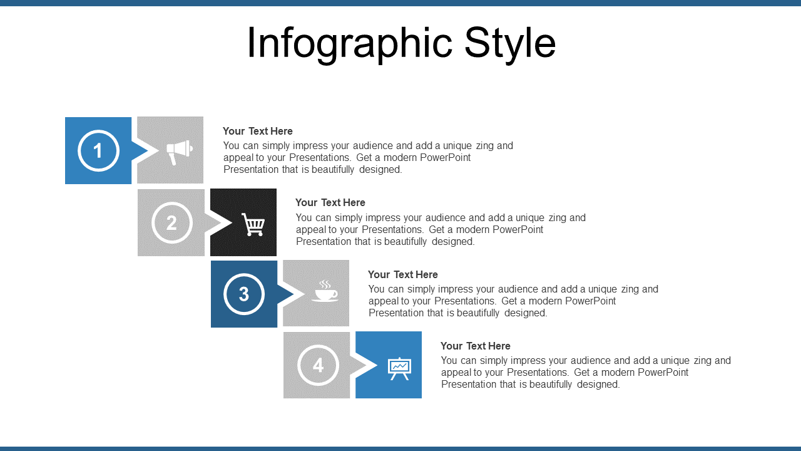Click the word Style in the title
point(510,44)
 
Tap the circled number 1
point(98,151)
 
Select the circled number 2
point(172,222)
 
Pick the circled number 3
point(244,294)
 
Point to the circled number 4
point(318,365)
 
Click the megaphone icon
point(180,152)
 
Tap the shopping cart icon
point(253,224)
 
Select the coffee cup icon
point(325,291)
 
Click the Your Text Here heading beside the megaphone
point(257,131)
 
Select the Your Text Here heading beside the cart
point(330,202)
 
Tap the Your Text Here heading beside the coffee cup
point(402,274)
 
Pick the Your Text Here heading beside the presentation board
point(475,346)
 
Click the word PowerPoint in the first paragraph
point(445,157)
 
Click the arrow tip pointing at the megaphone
point(148,151)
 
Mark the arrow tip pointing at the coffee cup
point(293,294)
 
